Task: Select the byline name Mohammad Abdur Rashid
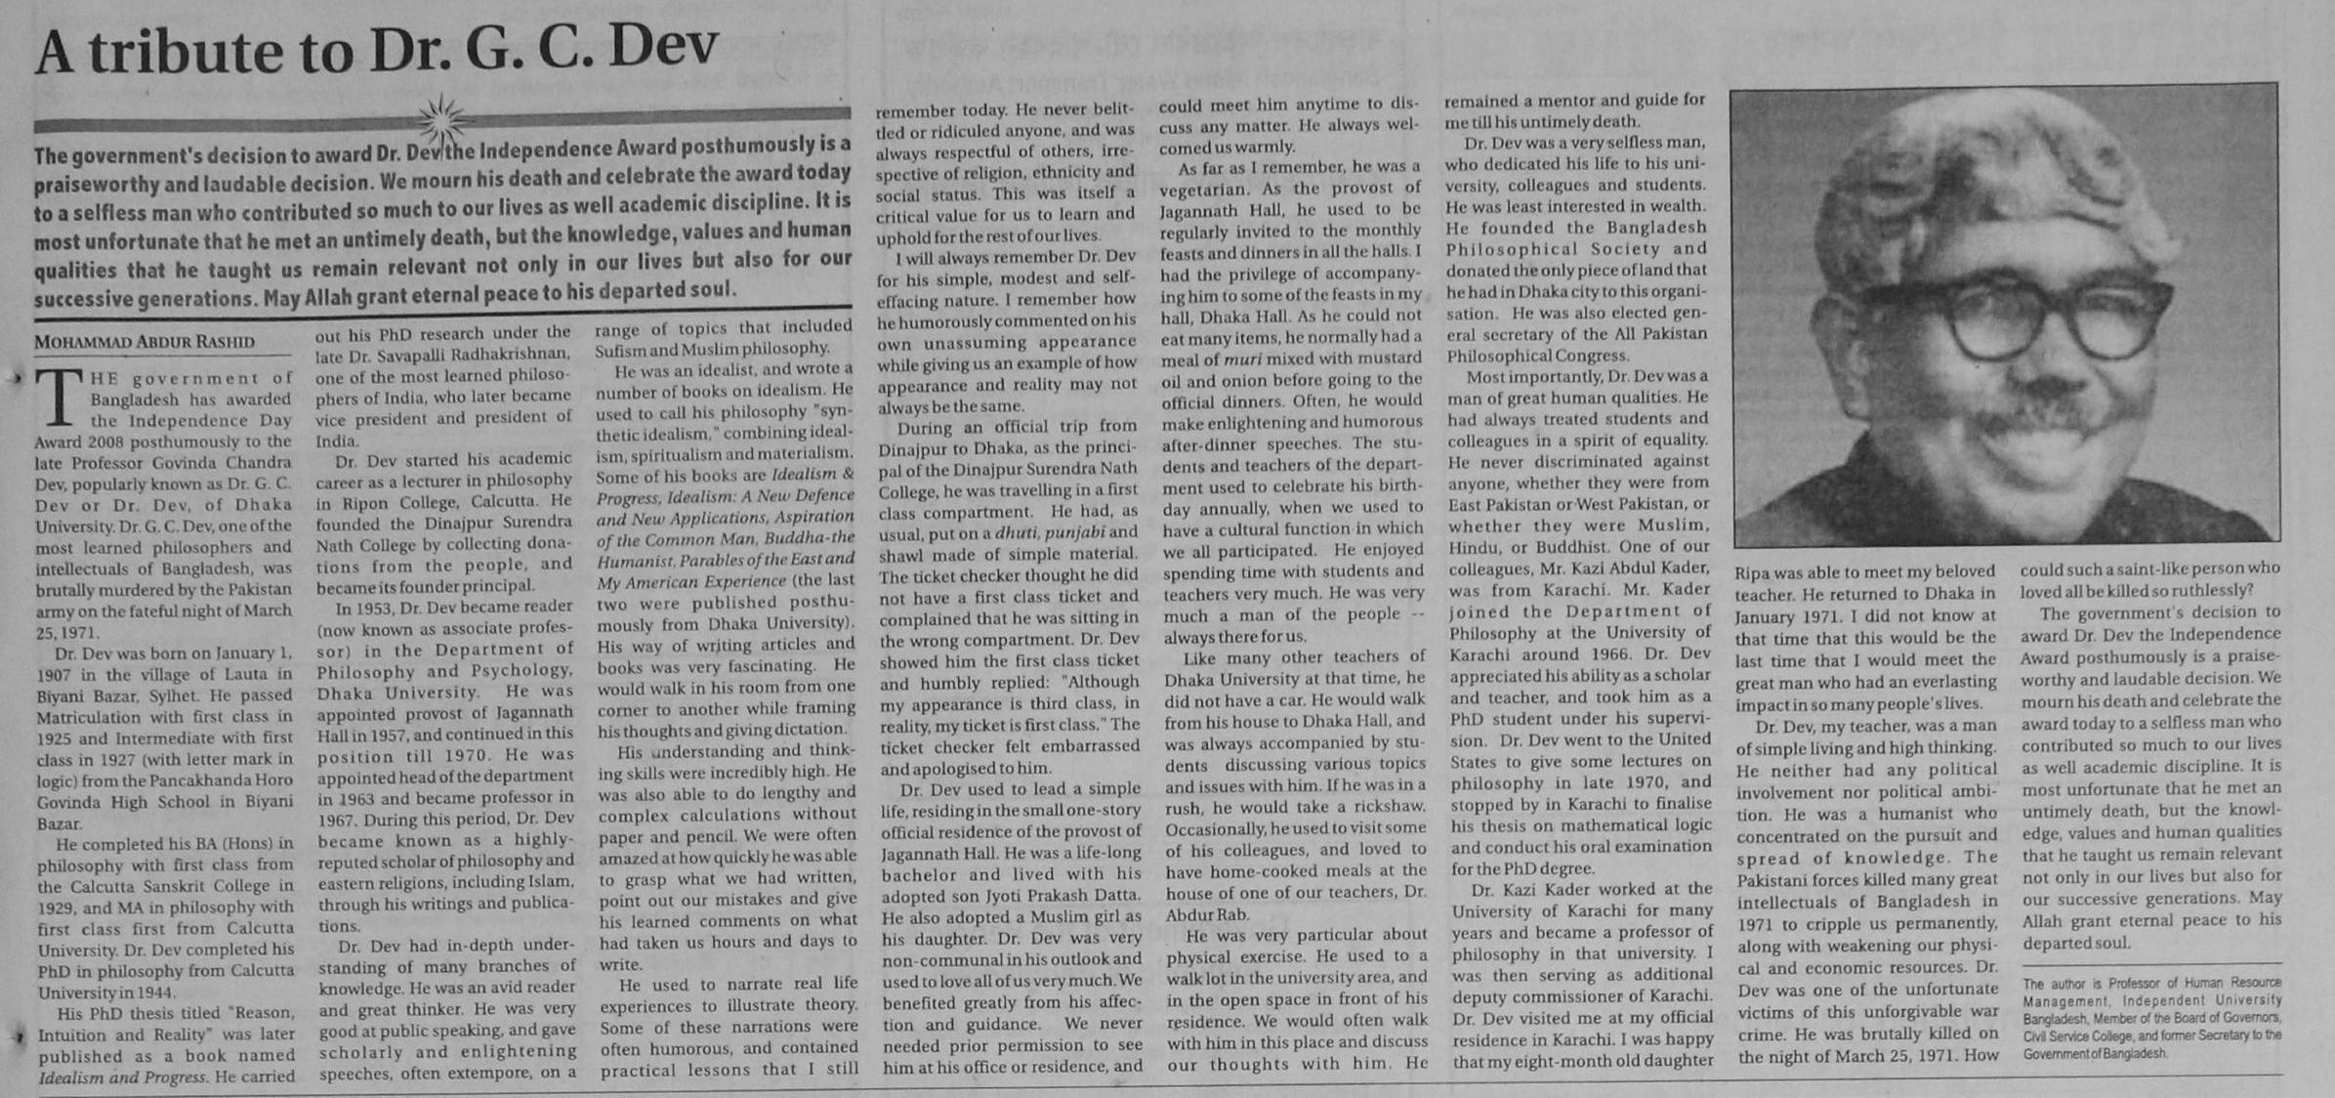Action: pos(145,342)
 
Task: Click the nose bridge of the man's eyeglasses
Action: pos(2060,304)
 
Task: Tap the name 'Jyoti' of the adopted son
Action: pos(1009,895)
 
